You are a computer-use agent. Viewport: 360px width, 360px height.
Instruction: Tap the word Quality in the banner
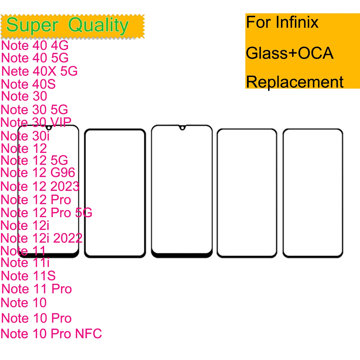98,25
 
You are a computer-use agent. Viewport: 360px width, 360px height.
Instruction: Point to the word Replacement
295,82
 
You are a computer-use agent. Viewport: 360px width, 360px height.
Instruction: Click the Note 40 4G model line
35,45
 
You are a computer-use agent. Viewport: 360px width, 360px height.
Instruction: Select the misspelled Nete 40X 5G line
39,71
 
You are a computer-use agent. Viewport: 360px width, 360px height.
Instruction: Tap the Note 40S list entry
28,84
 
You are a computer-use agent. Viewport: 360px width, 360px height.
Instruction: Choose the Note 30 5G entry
34,110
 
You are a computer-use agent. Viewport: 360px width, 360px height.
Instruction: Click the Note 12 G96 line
38,173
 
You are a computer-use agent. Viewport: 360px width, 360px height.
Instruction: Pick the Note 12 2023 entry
40,186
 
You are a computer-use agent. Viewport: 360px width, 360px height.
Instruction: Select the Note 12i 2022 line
42,238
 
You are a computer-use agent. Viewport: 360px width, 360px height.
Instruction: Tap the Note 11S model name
28,276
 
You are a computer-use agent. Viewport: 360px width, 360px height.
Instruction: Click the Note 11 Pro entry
37,289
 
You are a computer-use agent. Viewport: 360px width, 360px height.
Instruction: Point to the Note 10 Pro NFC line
51,334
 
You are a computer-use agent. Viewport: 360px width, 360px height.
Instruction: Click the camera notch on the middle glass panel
182,128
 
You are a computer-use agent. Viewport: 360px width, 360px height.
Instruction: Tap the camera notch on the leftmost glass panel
49,128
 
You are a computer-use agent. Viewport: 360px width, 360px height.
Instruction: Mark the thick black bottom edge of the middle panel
182,255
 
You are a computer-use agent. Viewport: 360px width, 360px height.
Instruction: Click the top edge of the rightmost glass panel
313,129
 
